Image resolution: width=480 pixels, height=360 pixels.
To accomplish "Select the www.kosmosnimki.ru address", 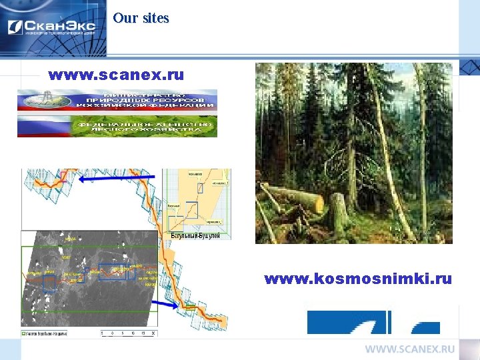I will point(358,278).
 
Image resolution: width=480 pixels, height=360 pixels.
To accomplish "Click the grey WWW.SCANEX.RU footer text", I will point(409,349).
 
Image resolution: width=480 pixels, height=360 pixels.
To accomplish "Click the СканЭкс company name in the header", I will point(60,27).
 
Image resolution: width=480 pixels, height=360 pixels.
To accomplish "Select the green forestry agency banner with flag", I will point(117,126).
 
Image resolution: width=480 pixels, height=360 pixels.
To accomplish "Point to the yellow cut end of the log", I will point(317,203).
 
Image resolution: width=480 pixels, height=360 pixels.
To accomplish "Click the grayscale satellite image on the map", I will point(87,280).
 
